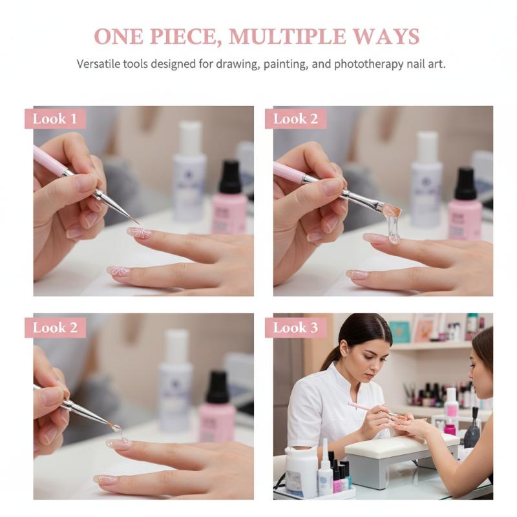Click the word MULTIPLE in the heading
click(286, 36)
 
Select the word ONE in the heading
click(119, 36)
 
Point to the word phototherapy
click(368, 64)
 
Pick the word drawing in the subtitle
click(236, 64)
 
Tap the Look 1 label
click(55, 119)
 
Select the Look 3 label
click(295, 328)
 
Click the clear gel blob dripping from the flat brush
click(394, 226)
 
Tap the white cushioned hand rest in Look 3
click(401, 444)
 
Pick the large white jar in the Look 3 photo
click(301, 471)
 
